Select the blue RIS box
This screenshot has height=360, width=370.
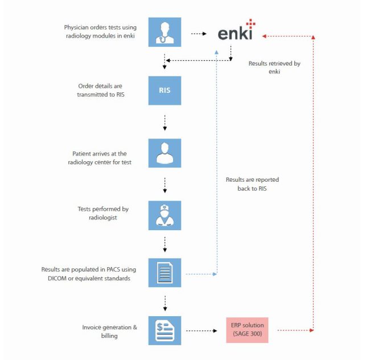coord(165,91)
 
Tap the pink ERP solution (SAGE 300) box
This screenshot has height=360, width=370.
coord(247,329)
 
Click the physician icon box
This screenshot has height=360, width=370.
coord(165,31)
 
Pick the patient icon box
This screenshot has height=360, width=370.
coord(165,153)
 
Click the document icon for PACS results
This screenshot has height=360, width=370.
coord(165,273)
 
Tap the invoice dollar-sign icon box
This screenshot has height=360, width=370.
coord(165,330)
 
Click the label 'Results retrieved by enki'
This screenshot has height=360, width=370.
coord(274,67)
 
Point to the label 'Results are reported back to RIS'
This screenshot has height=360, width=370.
coord(252,183)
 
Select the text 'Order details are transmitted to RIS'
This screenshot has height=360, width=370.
coord(101,90)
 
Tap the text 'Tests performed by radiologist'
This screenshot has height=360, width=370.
coord(103,213)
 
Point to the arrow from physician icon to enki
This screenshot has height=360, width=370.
coord(198,34)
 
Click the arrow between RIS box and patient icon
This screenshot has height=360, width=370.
coord(165,122)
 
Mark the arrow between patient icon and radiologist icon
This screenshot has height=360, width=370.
coord(165,184)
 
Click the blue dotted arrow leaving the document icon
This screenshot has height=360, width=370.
coord(200,274)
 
